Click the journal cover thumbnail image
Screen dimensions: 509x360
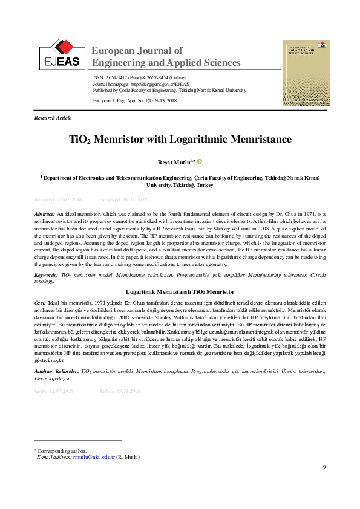coord(306,73)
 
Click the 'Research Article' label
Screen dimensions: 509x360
coord(53,118)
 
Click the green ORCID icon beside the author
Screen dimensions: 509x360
coord(198,162)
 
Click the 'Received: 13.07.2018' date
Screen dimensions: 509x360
coord(58,199)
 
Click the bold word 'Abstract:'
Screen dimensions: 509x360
coord(45,215)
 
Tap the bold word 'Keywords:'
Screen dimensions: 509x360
coord(47,275)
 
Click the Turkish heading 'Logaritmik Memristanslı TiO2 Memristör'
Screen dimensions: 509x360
coord(180,291)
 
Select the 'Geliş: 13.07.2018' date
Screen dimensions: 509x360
coord(53,391)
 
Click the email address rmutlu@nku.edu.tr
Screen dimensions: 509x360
coord(94,457)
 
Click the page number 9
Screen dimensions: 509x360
coord(324,467)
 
